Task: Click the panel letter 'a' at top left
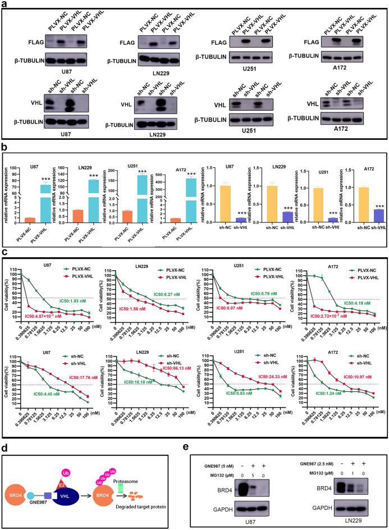(x=4, y=5)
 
